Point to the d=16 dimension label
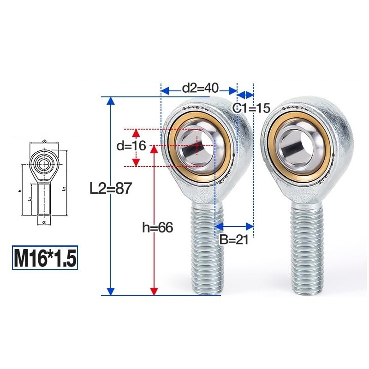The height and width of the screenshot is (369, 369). point(131,147)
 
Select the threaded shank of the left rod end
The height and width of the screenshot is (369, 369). point(207,249)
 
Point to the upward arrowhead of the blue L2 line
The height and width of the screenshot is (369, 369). point(110,101)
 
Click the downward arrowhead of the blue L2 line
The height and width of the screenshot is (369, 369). point(110,291)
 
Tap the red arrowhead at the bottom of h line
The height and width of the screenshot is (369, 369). point(154,291)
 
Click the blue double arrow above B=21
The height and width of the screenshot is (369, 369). point(234,226)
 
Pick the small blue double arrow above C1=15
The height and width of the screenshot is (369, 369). point(245,95)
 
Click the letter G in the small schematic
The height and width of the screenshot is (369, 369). point(44,222)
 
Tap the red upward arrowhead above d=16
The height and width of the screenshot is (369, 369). point(136,133)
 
